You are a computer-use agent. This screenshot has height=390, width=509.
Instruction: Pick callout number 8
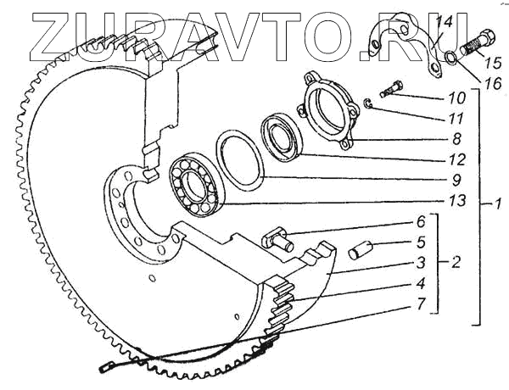pyautogui.click(x=456, y=139)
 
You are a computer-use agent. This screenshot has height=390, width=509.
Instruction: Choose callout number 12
pyautogui.click(x=456, y=159)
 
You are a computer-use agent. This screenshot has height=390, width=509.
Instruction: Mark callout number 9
pyautogui.click(x=456, y=180)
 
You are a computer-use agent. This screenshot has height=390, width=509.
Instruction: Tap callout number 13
pyautogui.click(x=456, y=201)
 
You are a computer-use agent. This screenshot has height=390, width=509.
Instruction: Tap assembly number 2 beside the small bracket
pyautogui.click(x=456, y=262)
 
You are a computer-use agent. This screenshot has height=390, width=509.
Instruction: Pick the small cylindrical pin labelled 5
pyautogui.click(x=361, y=253)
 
